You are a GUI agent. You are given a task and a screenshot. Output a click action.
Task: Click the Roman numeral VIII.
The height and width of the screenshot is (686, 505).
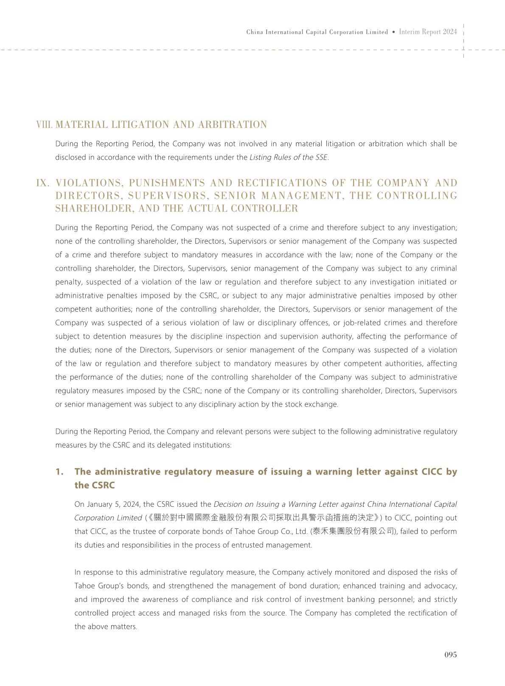tap(45, 125)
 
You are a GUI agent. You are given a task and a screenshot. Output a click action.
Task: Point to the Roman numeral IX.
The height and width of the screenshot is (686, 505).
tap(43, 183)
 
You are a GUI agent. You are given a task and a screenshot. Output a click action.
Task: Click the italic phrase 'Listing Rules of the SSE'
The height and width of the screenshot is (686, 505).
tap(289, 157)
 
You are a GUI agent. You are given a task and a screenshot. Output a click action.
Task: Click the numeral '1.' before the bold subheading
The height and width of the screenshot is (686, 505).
tap(60, 472)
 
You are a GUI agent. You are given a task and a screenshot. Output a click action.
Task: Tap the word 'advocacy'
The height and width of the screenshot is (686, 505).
tap(441, 586)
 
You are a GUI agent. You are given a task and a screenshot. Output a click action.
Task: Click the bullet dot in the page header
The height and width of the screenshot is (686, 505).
tap(394, 32)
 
